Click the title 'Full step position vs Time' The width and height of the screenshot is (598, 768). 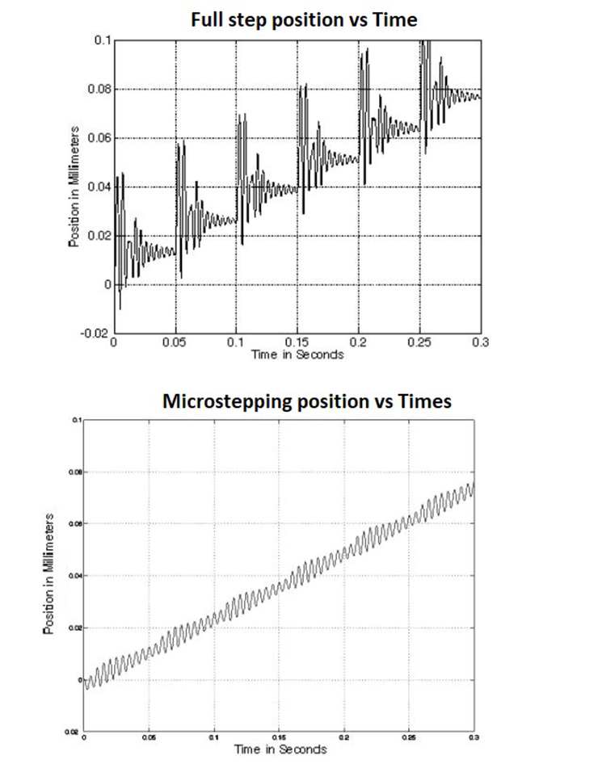pos(304,20)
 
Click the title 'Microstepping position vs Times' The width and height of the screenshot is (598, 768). pos(306,401)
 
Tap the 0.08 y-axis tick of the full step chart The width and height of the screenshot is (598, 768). pos(99,89)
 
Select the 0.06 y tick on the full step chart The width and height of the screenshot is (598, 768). pos(99,138)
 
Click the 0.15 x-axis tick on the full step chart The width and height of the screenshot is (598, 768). pos(297,342)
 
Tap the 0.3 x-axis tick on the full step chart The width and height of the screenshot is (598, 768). pos(480,342)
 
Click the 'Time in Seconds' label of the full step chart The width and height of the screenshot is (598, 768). pos(297,355)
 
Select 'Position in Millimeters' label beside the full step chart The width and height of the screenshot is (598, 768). pos(74,187)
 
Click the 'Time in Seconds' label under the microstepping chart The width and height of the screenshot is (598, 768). pos(280,749)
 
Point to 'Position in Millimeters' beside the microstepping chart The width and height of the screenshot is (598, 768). pos(49,573)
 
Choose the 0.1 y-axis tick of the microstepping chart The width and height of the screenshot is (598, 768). pos(78,420)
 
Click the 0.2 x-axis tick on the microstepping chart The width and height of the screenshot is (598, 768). pos(344,737)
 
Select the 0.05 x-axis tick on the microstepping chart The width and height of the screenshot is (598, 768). pos(149,737)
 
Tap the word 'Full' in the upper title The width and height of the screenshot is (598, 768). pos(205,20)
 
